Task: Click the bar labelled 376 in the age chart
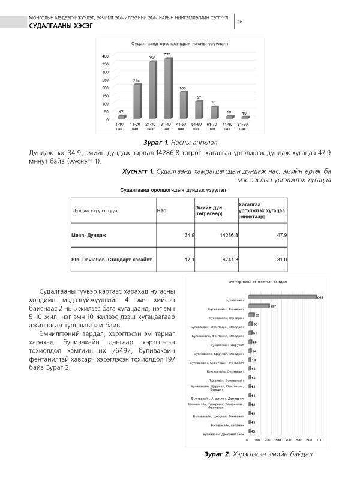[168, 88]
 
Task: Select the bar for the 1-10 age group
[121, 116]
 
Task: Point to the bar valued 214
[137, 101]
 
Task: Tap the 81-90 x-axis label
[244, 126]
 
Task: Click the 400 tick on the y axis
[105, 56]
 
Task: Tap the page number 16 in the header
[240, 22]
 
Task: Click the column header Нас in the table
[161, 210]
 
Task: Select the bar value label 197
[273, 306]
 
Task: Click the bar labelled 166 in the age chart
[183, 104]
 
